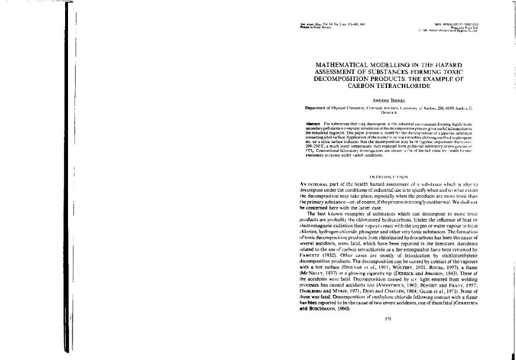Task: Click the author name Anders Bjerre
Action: pos(380,100)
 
